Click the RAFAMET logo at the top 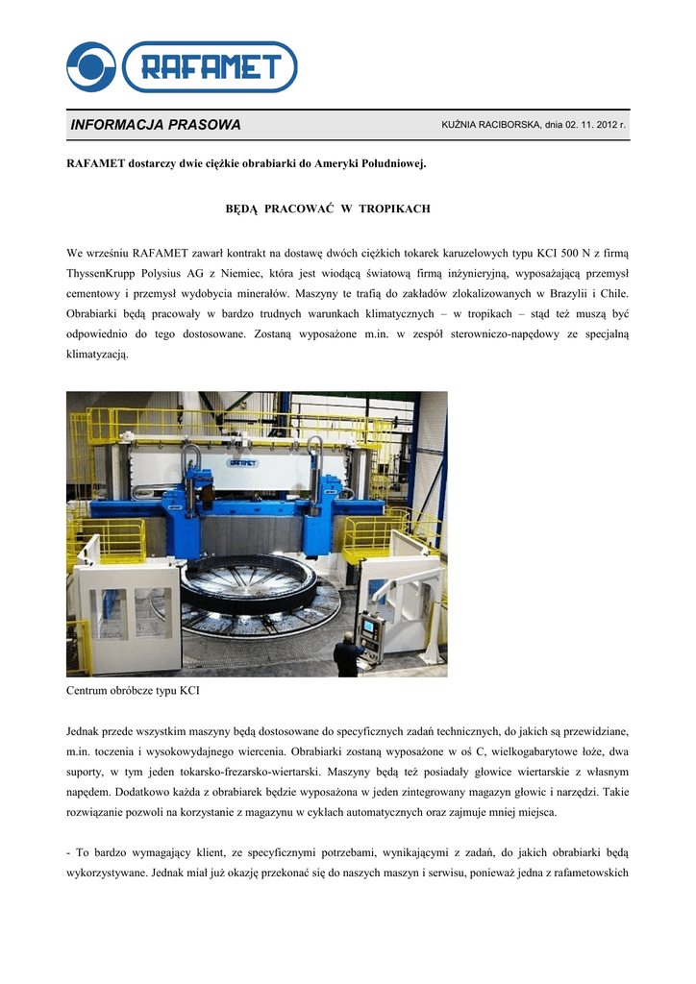click(x=182, y=66)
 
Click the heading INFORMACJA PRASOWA click(x=156, y=125)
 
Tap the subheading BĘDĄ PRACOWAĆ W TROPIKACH click(x=328, y=209)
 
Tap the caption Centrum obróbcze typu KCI click(x=133, y=691)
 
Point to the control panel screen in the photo click(x=368, y=627)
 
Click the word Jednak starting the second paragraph click(x=84, y=732)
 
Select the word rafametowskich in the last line click(x=590, y=873)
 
